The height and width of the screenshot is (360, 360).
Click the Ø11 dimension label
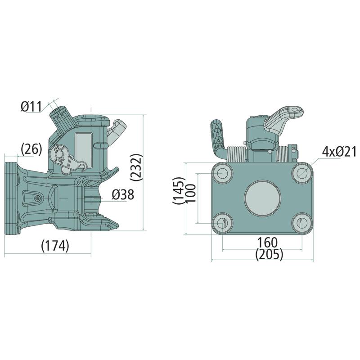[x=31, y=107]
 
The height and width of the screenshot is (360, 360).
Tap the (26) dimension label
[x=31, y=149]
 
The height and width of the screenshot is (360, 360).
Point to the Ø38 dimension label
[x=123, y=195]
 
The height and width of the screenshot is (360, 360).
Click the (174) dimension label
[x=55, y=246]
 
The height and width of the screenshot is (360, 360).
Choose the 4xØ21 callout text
[x=339, y=152]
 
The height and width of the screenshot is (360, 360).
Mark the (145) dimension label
[x=179, y=190]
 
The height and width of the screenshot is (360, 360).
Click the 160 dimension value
[x=267, y=242]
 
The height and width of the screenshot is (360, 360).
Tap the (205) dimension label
[x=269, y=254]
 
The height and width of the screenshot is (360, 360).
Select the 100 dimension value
[x=190, y=193]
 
